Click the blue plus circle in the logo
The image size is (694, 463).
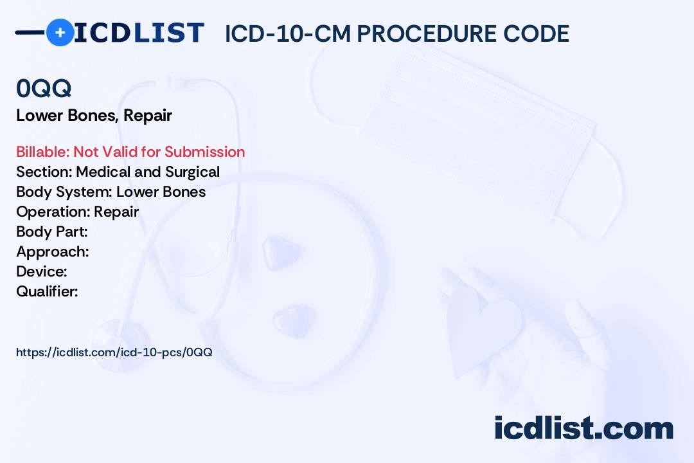coord(60,32)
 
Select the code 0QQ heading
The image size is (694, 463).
coord(44,89)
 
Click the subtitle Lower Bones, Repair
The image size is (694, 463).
coord(94,116)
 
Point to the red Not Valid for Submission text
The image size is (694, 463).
coord(159,152)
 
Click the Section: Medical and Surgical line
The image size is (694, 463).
coord(118,172)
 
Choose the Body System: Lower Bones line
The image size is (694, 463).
coord(111,192)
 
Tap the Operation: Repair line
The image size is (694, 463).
coord(77,212)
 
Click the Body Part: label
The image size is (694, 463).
coord(51,232)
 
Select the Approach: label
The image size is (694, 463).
coord(52,251)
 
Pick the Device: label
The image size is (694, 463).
coord(42,271)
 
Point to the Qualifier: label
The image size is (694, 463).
coord(47,291)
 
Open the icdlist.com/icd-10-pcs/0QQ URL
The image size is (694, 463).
coord(114,352)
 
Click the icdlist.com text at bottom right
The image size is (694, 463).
coord(583,428)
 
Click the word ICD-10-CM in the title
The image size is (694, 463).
coord(287,33)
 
